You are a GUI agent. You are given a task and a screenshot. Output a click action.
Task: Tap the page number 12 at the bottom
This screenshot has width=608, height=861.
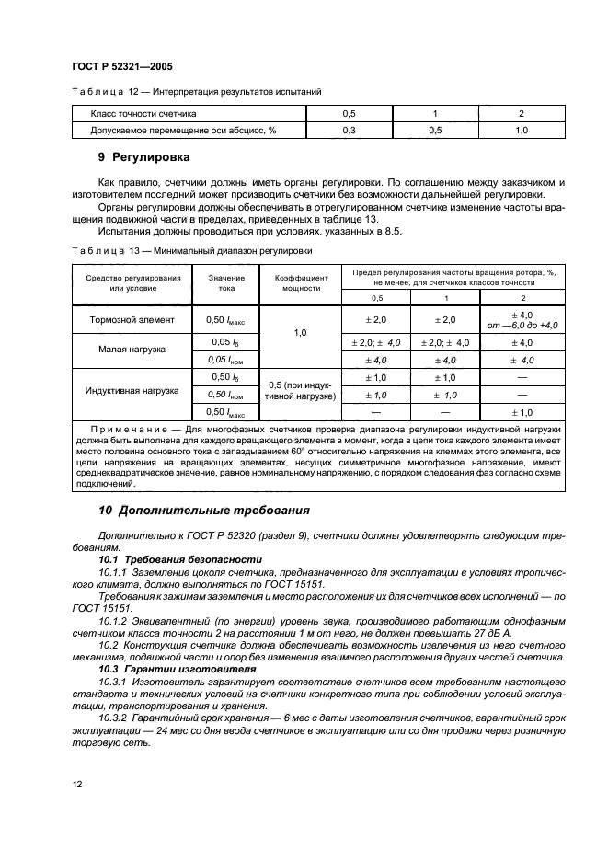click(76, 785)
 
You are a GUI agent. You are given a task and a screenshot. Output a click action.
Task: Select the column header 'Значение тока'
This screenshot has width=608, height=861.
click(221, 281)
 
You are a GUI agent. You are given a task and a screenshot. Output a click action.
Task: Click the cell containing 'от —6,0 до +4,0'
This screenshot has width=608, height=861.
click(522, 325)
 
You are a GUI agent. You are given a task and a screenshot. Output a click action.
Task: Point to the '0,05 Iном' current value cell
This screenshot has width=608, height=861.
click(221, 359)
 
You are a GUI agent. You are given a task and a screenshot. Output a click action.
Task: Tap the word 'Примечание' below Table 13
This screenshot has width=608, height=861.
click(127, 430)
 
